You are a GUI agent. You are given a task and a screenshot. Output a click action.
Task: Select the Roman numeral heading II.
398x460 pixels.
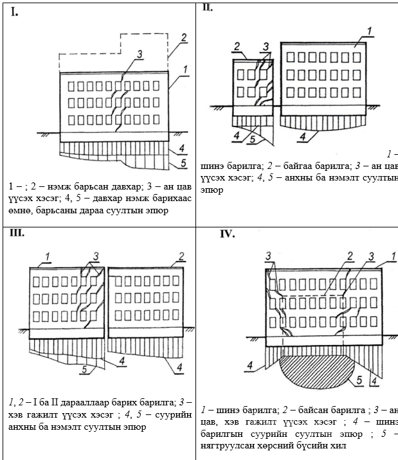208,7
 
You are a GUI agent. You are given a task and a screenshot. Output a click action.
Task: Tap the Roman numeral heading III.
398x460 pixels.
17,232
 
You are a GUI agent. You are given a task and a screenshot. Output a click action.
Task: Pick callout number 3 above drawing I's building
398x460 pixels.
140,55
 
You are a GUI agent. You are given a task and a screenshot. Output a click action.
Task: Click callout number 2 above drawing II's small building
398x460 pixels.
237,46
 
